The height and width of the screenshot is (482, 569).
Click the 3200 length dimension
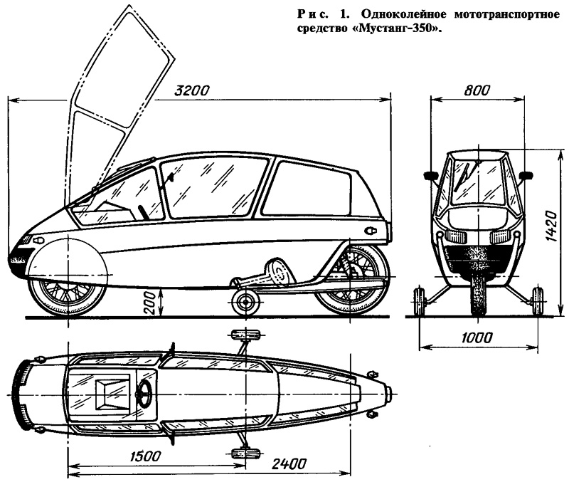(191, 90)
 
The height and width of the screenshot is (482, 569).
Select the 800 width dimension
(477, 90)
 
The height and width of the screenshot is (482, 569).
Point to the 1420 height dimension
(551, 226)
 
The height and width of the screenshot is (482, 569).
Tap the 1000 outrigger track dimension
(477, 337)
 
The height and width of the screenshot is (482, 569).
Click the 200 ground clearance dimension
(149, 303)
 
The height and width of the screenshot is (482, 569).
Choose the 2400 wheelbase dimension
(289, 463)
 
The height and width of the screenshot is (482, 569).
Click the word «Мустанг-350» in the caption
(398, 28)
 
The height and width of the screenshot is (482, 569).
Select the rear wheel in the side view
(350, 281)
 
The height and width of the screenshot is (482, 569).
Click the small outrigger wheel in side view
(246, 302)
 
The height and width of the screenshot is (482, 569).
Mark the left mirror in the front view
(431, 176)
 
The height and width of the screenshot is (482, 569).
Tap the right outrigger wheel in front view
(538, 301)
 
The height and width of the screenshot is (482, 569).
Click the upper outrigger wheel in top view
(246, 335)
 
